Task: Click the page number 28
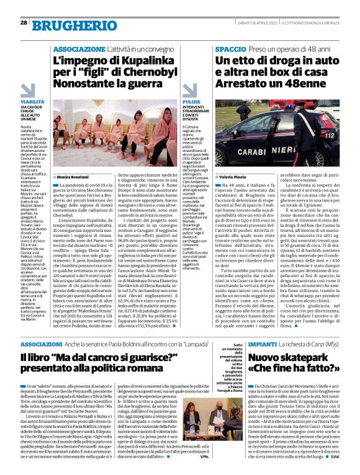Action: [24, 23]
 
